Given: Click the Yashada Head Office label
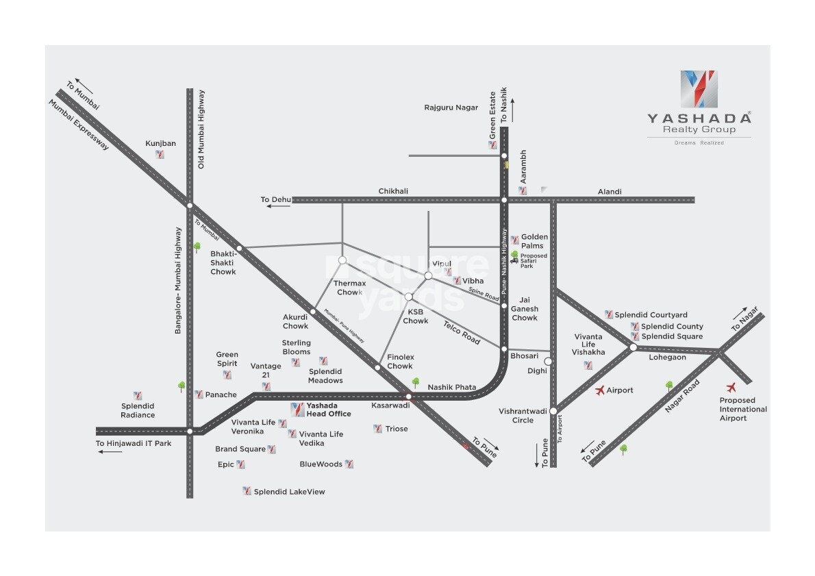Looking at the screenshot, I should pyautogui.click(x=329, y=410).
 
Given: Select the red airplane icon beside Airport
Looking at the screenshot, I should pyautogui.click(x=601, y=390).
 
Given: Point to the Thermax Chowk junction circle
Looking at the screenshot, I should pyautogui.click(x=342, y=260).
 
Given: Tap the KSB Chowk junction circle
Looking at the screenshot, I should pyautogui.click(x=408, y=297).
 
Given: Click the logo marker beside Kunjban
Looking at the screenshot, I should pyautogui.click(x=160, y=155).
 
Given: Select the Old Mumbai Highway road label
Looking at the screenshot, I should pyautogui.click(x=202, y=129).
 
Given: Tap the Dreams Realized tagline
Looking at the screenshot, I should pyautogui.click(x=699, y=142).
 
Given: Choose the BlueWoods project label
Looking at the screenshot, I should pyautogui.click(x=321, y=464).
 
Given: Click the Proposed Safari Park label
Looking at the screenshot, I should pyautogui.click(x=534, y=261).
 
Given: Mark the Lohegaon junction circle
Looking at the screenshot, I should pyautogui.click(x=634, y=347).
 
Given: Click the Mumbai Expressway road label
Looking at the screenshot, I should pyautogui.click(x=78, y=125).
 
